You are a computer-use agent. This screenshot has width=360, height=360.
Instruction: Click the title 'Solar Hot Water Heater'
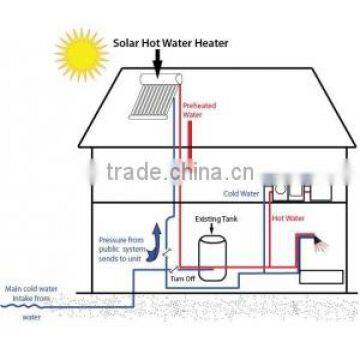[169, 43]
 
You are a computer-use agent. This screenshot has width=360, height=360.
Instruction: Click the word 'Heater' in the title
[209, 43]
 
